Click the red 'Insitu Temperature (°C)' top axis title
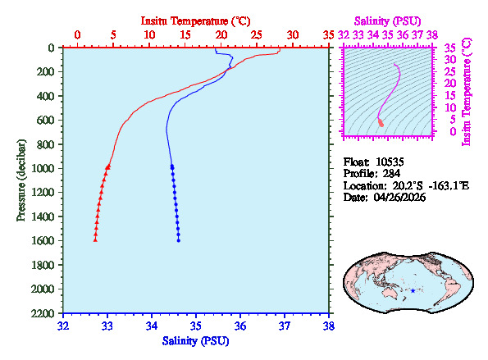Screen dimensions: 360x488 (195, 19)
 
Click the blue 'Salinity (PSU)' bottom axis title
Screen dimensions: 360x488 (195, 340)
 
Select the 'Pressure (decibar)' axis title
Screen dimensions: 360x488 (21, 180)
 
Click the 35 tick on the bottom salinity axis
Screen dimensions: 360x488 (196, 326)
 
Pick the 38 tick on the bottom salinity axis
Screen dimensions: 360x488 (329, 326)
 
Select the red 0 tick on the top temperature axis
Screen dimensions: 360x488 (77, 35)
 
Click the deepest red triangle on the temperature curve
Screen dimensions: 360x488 (95, 240)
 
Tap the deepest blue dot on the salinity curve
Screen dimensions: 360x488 (179, 240)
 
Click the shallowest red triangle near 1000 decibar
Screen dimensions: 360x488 (108, 166)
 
